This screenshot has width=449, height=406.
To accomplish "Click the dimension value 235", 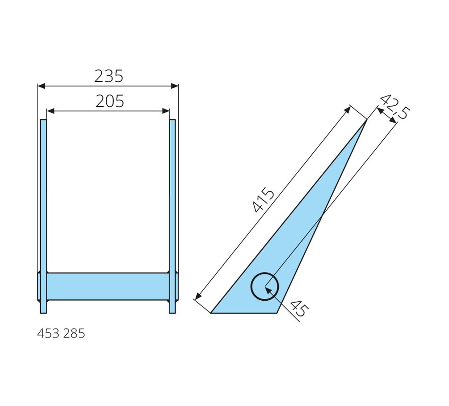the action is click(109, 76).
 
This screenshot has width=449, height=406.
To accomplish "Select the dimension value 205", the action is click(110, 101).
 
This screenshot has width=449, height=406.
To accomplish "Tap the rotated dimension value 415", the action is click(263, 200).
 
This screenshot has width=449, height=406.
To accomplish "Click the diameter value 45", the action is click(300, 308).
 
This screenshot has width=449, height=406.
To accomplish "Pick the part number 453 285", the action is click(61, 334).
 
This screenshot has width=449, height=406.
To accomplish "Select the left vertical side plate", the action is click(43, 216).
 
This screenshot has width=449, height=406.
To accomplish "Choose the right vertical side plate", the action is click(173, 216).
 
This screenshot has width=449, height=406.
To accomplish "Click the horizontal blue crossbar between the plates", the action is click(108, 287).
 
